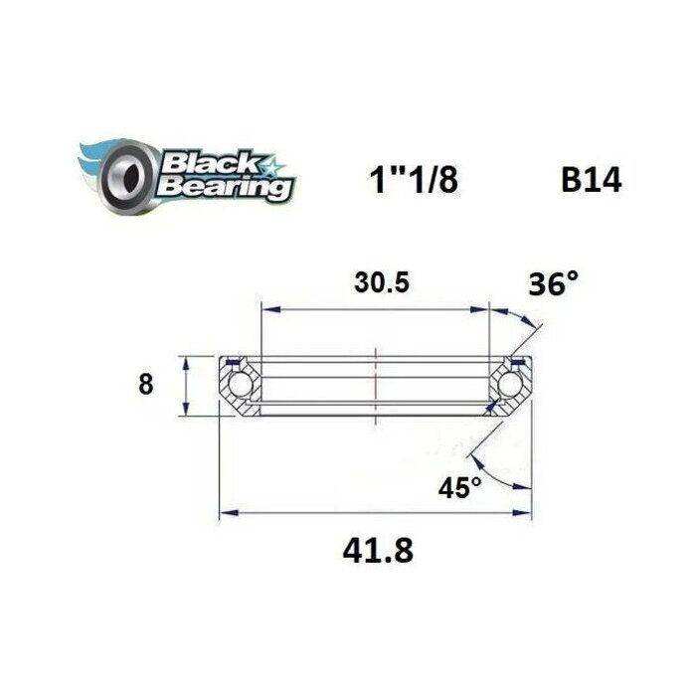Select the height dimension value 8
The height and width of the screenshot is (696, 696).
(x=146, y=384)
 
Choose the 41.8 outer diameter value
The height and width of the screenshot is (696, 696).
(x=375, y=549)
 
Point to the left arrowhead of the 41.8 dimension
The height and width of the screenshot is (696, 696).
(x=227, y=513)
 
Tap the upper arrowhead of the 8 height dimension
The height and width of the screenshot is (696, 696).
(x=185, y=361)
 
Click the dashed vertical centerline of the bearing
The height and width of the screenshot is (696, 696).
(x=375, y=378)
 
